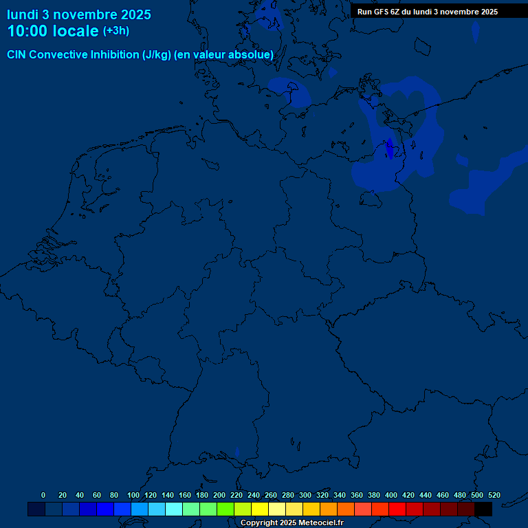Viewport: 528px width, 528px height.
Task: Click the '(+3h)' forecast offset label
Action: pyautogui.click(x=115, y=31)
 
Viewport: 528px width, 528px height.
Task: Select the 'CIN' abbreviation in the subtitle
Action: pyautogui.click(x=17, y=55)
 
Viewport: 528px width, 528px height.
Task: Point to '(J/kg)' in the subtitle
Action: pyautogui.click(x=156, y=55)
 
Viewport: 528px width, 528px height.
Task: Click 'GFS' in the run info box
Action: pyautogui.click(x=385, y=12)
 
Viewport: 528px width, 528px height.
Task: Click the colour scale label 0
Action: pyautogui.click(x=43, y=495)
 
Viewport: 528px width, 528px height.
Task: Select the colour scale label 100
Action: pyautogui.click(x=133, y=495)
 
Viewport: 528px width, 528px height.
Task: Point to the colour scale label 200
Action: pyautogui.click(x=219, y=495)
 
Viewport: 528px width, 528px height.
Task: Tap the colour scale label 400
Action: pyautogui.click(x=390, y=495)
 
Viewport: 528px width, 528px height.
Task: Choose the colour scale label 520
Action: pyautogui.click(x=494, y=495)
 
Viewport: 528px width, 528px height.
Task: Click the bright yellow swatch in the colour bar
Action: pyautogui.click(x=260, y=509)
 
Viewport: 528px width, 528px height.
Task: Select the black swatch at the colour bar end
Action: pyautogui.click(x=483, y=509)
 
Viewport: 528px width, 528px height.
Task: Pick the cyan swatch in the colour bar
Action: pyautogui.click(x=174, y=509)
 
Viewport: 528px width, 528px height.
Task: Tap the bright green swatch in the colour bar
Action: pyautogui.click(x=225, y=509)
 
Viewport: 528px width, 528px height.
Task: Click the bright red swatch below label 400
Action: pyautogui.click(x=397, y=509)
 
